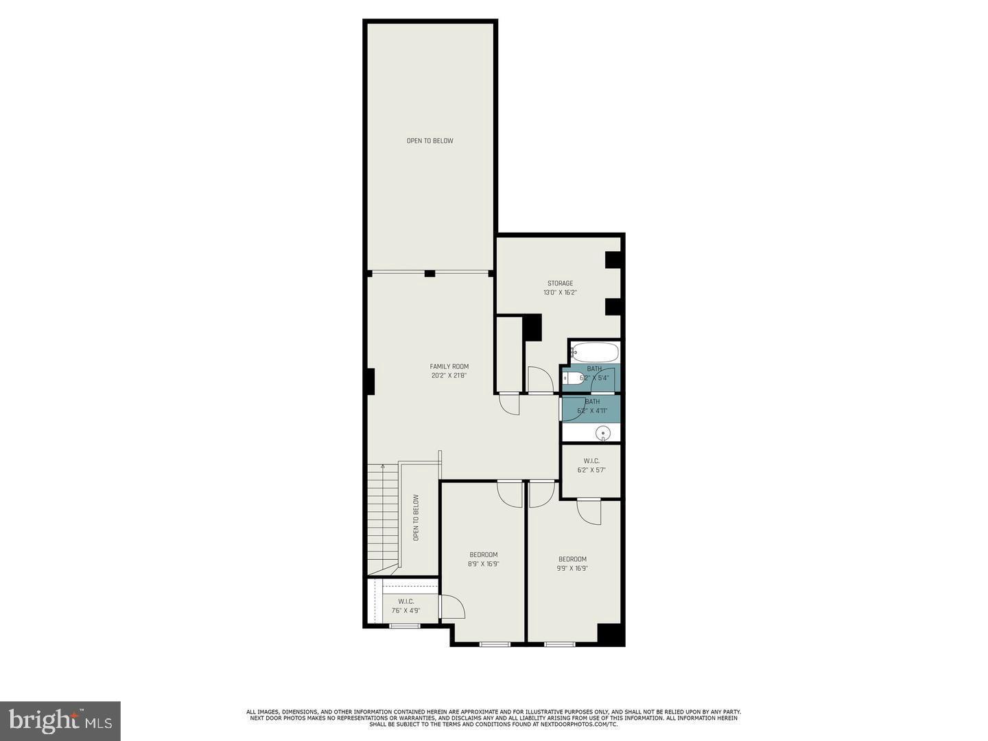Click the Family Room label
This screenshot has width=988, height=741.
point(449,366)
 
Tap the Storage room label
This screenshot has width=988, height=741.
point(560,283)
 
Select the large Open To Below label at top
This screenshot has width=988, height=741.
point(430,141)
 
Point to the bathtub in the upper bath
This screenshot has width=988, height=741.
point(595,353)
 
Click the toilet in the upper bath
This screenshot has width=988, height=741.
point(573,377)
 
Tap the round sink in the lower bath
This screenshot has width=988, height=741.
point(602,432)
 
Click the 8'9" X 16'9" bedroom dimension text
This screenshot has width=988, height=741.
point(484,564)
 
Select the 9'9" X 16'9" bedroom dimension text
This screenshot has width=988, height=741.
point(572,568)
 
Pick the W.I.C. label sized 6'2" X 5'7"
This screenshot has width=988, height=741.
point(591,461)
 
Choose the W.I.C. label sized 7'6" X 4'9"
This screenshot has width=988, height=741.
point(406,602)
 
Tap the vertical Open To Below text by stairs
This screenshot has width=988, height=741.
point(416,518)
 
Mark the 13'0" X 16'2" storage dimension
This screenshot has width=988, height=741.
point(560,292)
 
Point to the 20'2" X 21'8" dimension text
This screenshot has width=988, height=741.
point(449,375)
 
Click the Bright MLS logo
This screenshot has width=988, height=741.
point(60,720)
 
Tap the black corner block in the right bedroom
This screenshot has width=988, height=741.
point(609,633)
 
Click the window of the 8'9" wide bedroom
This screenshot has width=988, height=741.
point(495,644)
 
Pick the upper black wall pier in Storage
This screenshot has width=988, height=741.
point(613,260)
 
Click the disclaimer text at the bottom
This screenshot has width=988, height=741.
point(493,718)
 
